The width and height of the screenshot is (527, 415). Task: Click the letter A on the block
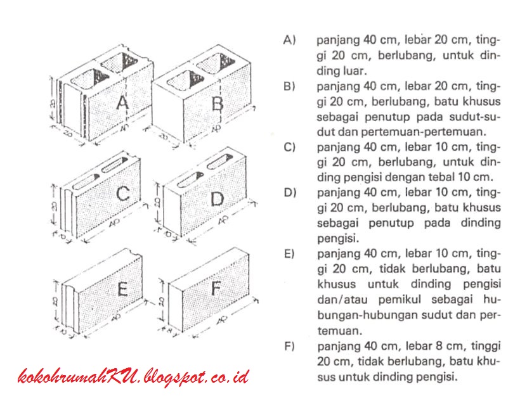coord(122,103)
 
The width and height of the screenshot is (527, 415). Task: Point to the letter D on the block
coord(217,199)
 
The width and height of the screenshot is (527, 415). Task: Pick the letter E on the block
coord(123,289)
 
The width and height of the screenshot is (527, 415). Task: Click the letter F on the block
coord(216,290)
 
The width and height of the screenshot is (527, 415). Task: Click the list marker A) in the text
coord(290,40)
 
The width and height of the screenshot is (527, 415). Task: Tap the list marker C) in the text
coord(290,147)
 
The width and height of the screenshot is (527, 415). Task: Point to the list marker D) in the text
coord(290,193)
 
